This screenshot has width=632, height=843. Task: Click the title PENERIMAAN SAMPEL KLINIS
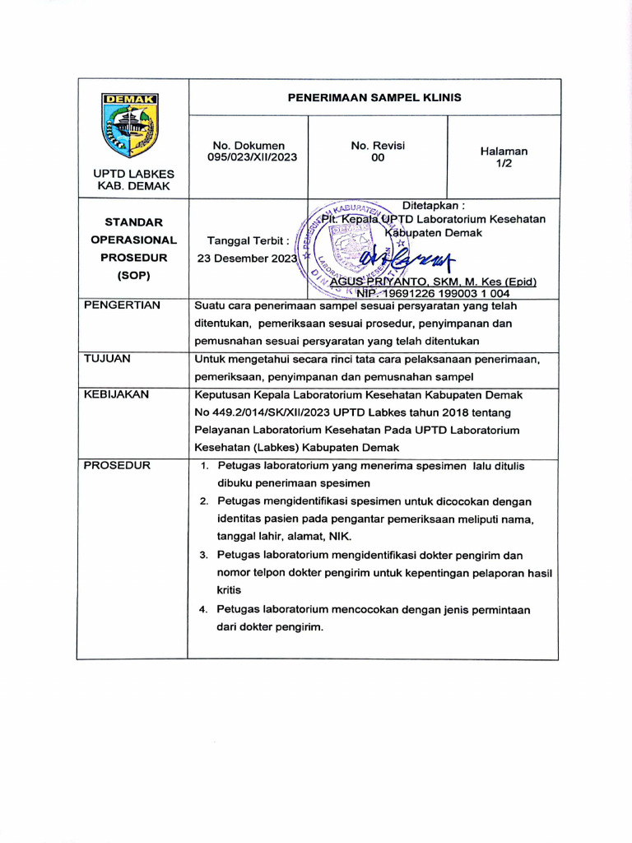pos(374,97)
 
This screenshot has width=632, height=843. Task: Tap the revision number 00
pos(378,157)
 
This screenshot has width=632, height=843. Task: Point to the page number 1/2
pos(504,164)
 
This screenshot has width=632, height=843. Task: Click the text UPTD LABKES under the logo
pos(133,174)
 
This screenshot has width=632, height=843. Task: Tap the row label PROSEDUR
pos(117,466)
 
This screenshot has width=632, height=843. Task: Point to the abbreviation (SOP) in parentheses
pos(133,276)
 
